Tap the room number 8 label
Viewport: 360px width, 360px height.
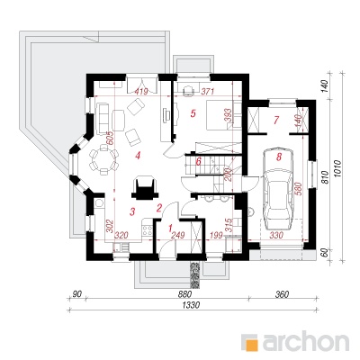point(279,157)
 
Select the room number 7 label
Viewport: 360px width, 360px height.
point(276,120)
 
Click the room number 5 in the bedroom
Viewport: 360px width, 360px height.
point(193,113)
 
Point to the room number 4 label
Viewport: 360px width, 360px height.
point(138,156)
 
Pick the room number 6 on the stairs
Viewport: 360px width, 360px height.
point(198,161)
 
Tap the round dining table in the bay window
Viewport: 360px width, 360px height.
point(103,159)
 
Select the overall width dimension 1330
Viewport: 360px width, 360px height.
point(191,305)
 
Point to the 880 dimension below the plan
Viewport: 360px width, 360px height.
point(184,294)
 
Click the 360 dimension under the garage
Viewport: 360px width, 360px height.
point(281,294)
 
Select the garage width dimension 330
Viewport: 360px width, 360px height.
point(276,236)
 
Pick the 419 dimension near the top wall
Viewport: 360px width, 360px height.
point(140,91)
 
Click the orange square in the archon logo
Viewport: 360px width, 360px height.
point(251,343)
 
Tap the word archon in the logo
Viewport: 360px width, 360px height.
point(306,340)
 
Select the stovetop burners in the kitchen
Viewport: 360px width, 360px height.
point(148,229)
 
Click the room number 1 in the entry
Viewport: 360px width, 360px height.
point(170,229)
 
